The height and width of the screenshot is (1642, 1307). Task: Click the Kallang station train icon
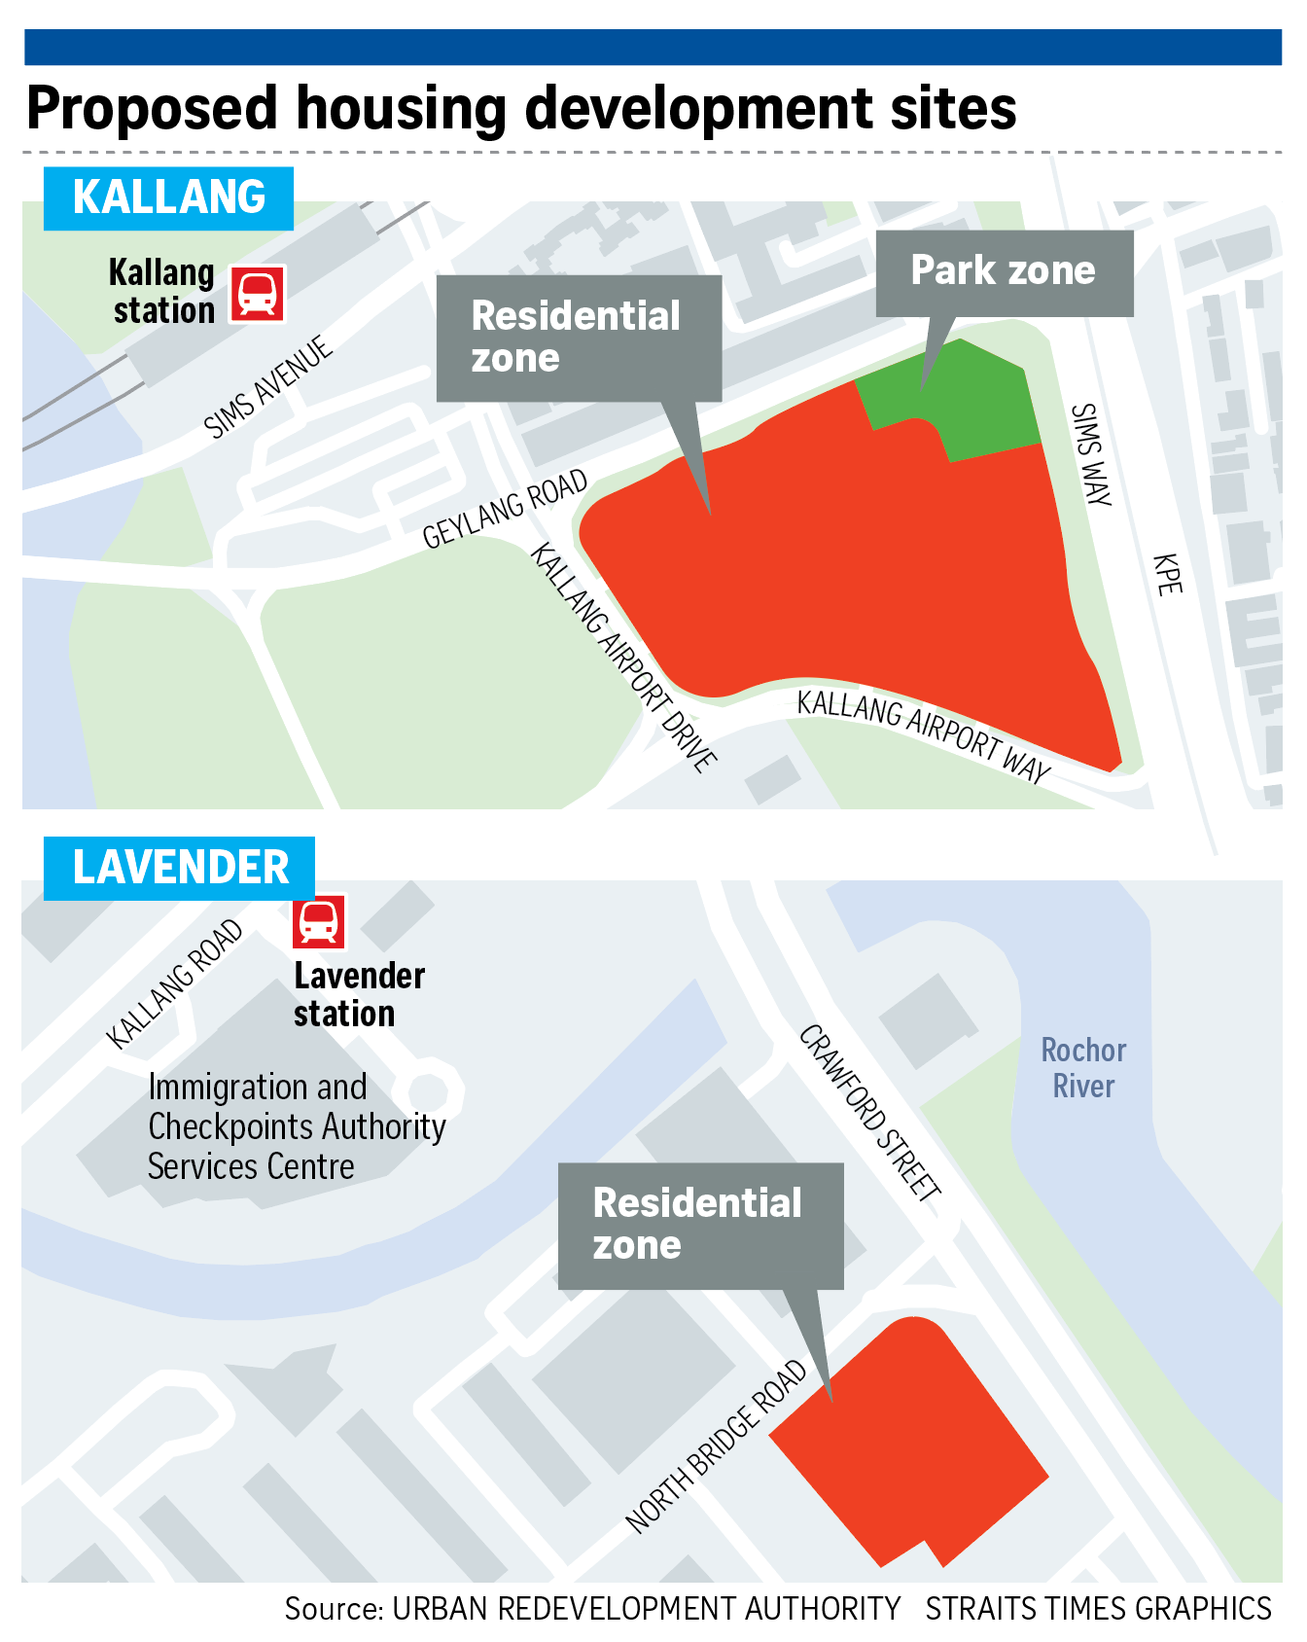(x=257, y=293)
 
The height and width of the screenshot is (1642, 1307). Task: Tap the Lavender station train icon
(x=319, y=920)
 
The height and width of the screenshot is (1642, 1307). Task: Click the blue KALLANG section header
(x=168, y=197)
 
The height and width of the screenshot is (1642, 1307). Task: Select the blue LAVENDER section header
(x=180, y=868)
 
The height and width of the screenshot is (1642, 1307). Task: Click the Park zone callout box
(x=1004, y=272)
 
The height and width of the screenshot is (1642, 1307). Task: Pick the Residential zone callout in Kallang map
(x=578, y=338)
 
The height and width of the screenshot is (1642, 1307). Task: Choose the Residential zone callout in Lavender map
(x=699, y=1225)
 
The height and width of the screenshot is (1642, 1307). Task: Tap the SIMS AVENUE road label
(x=268, y=387)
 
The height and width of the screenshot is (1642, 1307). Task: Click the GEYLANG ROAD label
(x=506, y=509)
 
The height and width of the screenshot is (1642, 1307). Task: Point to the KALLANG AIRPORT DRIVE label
(x=623, y=658)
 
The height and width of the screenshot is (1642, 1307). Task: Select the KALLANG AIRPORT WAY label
(x=923, y=735)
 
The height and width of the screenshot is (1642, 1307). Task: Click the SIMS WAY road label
(x=1090, y=454)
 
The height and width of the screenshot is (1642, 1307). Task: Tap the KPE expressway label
(x=1167, y=574)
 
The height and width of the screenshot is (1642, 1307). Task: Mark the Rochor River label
(x=1083, y=1068)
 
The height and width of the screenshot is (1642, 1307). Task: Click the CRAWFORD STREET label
(x=869, y=1113)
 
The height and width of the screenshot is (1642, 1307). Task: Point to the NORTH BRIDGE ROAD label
(x=717, y=1446)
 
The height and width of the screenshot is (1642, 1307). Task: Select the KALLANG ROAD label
(x=175, y=983)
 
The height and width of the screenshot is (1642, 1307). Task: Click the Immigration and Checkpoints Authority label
(x=297, y=1126)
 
